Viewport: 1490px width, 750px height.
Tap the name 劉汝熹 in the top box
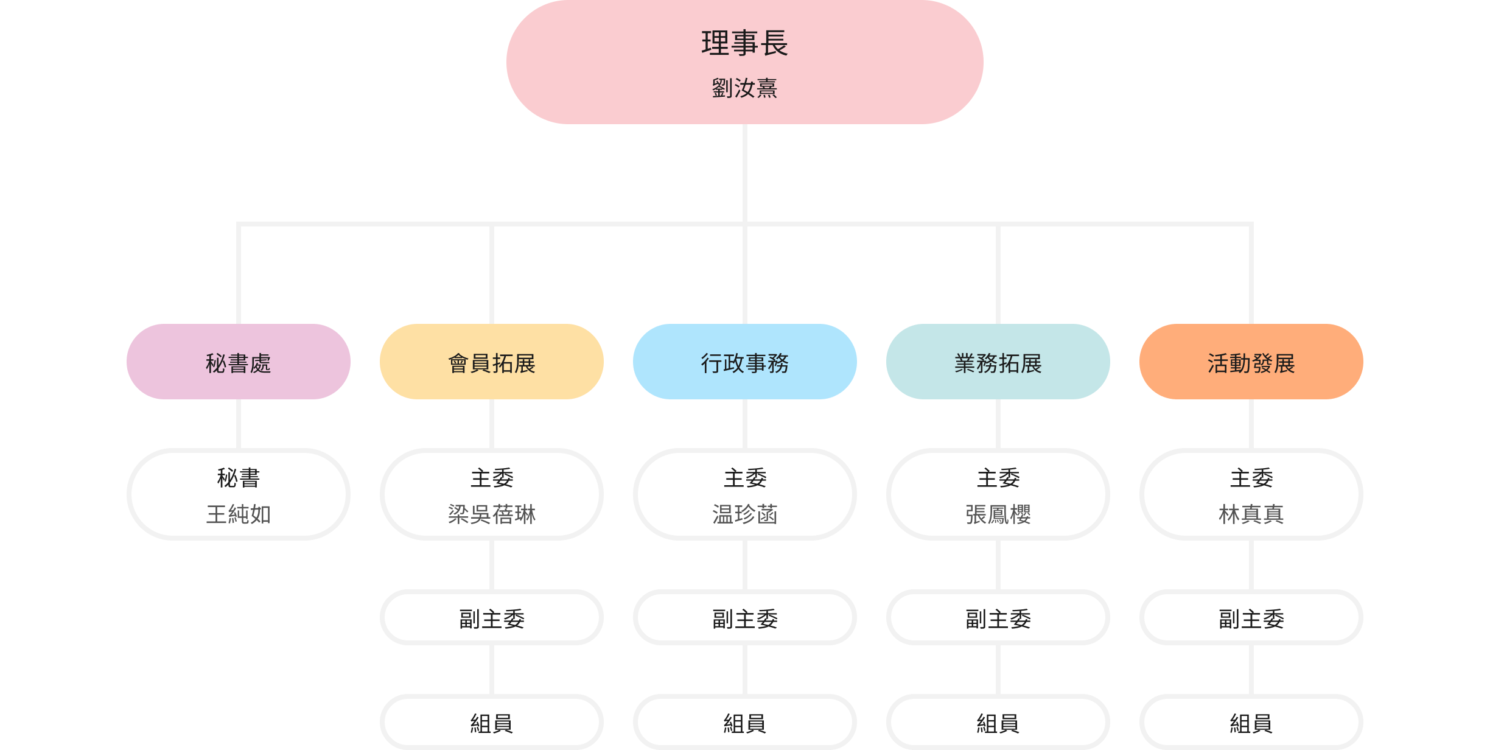(x=744, y=88)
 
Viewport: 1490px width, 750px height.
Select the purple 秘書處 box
(x=238, y=362)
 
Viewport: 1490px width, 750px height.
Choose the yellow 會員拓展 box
(x=491, y=362)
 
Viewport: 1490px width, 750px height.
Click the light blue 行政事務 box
(x=744, y=362)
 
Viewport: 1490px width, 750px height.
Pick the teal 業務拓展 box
(x=998, y=362)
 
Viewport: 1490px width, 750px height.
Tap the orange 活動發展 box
(x=1251, y=362)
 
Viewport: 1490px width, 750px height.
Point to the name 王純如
(x=238, y=514)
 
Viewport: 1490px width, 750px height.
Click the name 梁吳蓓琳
(x=491, y=514)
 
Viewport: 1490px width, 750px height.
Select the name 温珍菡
(x=744, y=514)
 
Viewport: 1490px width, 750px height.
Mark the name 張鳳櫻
(x=998, y=514)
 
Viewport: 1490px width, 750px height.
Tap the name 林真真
(x=1251, y=514)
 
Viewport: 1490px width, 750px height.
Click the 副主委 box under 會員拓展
(x=491, y=618)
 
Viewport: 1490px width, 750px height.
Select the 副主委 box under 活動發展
(x=1251, y=618)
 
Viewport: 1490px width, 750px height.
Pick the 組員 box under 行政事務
(x=744, y=723)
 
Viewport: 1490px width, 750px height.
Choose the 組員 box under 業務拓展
(x=998, y=723)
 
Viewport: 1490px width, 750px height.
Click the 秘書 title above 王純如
(x=238, y=478)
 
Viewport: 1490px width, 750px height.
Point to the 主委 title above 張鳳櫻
(x=998, y=478)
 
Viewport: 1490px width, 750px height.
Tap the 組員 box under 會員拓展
(x=491, y=723)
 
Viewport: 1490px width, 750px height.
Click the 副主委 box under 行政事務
(x=744, y=618)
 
